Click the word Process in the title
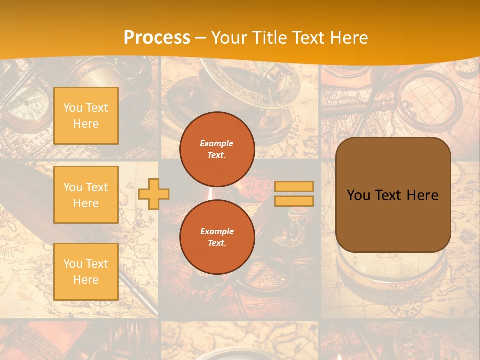pos(157,38)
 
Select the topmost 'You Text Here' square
pos(86,116)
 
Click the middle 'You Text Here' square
pos(86,195)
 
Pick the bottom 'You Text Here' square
pos(86,272)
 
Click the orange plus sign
pos(154,194)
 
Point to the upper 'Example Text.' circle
pos(217,149)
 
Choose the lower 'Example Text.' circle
pos(217,237)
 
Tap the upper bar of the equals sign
pos(294,187)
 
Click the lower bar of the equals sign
pos(294,201)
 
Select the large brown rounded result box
pos(393,195)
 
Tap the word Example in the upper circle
pos(217,143)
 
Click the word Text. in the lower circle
pos(217,243)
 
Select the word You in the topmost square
pos(73,108)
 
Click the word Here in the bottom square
pos(86,280)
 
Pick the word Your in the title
pos(228,38)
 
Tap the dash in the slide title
pos(201,38)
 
